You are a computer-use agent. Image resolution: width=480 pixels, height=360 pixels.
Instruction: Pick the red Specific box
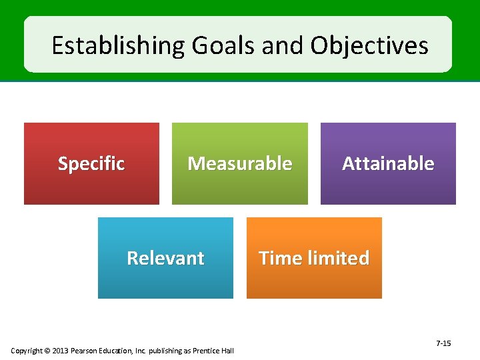pyautogui.click(x=91, y=163)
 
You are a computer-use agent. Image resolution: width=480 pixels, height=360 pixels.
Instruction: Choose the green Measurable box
pyautogui.click(x=240, y=163)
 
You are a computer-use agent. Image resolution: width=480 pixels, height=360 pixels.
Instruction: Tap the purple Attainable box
pyautogui.click(x=388, y=163)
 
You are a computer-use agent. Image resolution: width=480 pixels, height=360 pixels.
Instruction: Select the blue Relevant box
pyautogui.click(x=165, y=258)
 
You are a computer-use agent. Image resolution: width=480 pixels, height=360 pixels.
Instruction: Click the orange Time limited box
pyautogui.click(x=314, y=258)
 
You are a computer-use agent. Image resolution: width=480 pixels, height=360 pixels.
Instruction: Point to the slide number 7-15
pyautogui.click(x=443, y=343)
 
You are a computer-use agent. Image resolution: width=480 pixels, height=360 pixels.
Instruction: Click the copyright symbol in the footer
pyautogui.click(x=48, y=351)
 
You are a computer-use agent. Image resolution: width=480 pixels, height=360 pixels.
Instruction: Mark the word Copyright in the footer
pyautogui.click(x=27, y=351)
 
